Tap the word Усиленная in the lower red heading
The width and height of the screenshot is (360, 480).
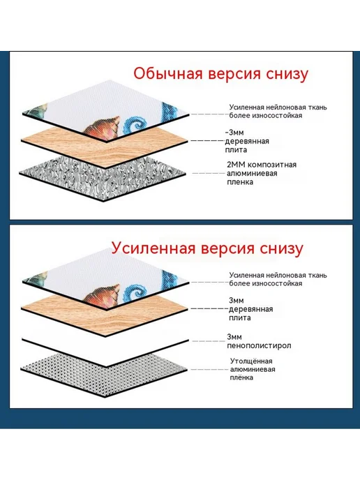tap(153, 248)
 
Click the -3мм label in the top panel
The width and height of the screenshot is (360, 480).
tap(234, 133)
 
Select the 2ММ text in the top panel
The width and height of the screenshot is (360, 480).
tap(236, 165)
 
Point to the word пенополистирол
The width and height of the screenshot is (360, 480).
tap(259, 346)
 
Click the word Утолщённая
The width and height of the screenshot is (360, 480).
tap(251, 361)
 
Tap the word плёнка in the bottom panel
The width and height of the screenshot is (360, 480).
tap(241, 377)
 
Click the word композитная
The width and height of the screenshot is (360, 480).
tap(272, 165)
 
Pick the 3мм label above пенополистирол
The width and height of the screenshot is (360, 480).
tap(234, 337)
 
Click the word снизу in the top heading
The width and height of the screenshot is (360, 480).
tap(287, 75)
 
